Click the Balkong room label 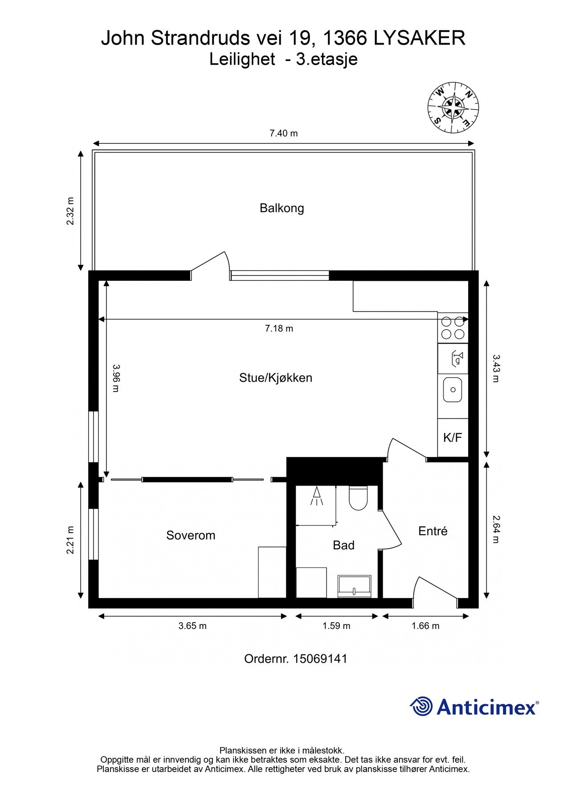pyautogui.click(x=281, y=208)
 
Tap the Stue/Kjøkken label pyautogui.click(x=275, y=378)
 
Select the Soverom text pyautogui.click(x=191, y=535)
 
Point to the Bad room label pyautogui.click(x=343, y=545)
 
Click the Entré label pyautogui.click(x=432, y=531)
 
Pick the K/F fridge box pyautogui.click(x=453, y=437)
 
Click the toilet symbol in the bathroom pyautogui.click(x=358, y=498)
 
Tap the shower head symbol pyautogui.click(x=317, y=496)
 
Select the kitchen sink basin pyautogui.click(x=453, y=389)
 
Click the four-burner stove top pyautogui.click(x=453, y=328)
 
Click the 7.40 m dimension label pyautogui.click(x=283, y=133)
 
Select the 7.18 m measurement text pyautogui.click(x=279, y=329)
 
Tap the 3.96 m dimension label pyautogui.click(x=116, y=378)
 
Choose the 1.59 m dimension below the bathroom pyautogui.click(x=336, y=626)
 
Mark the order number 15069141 pyautogui.click(x=320, y=659)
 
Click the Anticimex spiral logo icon pyautogui.click(x=421, y=706)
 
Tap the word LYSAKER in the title pyautogui.click(x=419, y=38)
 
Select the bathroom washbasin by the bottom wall pyautogui.click(x=354, y=586)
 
